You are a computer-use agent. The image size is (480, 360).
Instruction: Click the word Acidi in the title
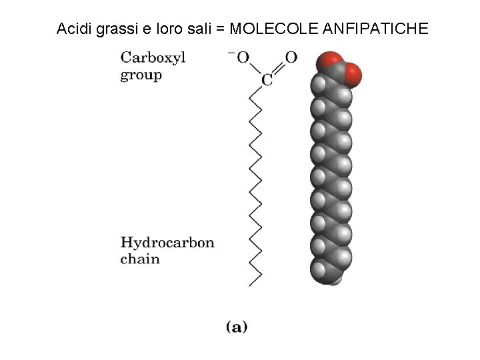[72, 29]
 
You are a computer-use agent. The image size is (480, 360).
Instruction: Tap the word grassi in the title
[112, 29]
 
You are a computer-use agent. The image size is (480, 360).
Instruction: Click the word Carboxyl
[153, 57]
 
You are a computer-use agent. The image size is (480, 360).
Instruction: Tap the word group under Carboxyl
[141, 75]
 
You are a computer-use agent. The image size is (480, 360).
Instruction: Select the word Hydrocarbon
[167, 243]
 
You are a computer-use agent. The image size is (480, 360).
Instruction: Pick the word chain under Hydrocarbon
[140, 259]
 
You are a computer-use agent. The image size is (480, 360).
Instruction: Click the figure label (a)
[236, 327]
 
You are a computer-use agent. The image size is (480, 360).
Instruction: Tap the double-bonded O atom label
[291, 57]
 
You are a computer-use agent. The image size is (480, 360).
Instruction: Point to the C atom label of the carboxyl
[267, 81]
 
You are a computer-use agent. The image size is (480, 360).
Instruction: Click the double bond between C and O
[279, 69]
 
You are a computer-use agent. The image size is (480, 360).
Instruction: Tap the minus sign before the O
[231, 53]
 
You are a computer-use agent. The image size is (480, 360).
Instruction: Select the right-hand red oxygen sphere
[352, 75]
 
